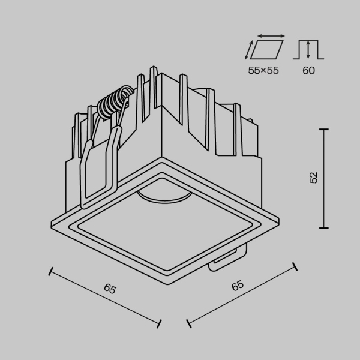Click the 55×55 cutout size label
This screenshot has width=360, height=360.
coord(264,70)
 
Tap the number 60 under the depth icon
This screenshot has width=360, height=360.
coord(308,70)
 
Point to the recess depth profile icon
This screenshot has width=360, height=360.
coord(308,49)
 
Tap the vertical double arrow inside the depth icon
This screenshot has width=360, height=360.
coord(308,49)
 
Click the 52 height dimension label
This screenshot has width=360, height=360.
coord(313,178)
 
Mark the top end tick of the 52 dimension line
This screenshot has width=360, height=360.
coord(323,129)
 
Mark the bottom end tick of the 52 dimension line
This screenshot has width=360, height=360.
coord(323,227)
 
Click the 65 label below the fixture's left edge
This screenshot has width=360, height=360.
coord(110,289)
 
